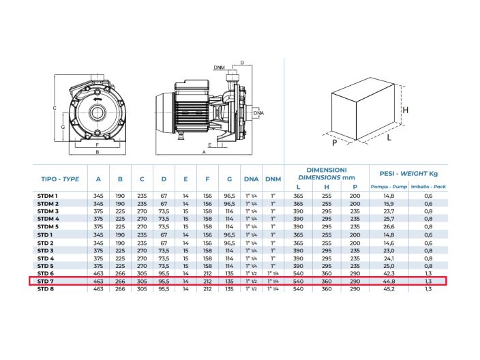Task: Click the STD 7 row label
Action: click(x=46, y=281)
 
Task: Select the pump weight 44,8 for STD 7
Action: click(x=389, y=281)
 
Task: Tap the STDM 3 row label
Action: click(x=48, y=211)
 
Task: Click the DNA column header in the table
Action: click(x=251, y=179)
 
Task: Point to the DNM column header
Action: click(x=273, y=179)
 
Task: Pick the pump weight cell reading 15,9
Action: click(x=389, y=204)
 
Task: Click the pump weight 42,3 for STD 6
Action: click(x=389, y=273)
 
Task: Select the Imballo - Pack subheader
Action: click(x=428, y=187)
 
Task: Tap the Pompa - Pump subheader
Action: click(x=389, y=187)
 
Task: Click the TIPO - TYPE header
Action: click(x=60, y=179)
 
